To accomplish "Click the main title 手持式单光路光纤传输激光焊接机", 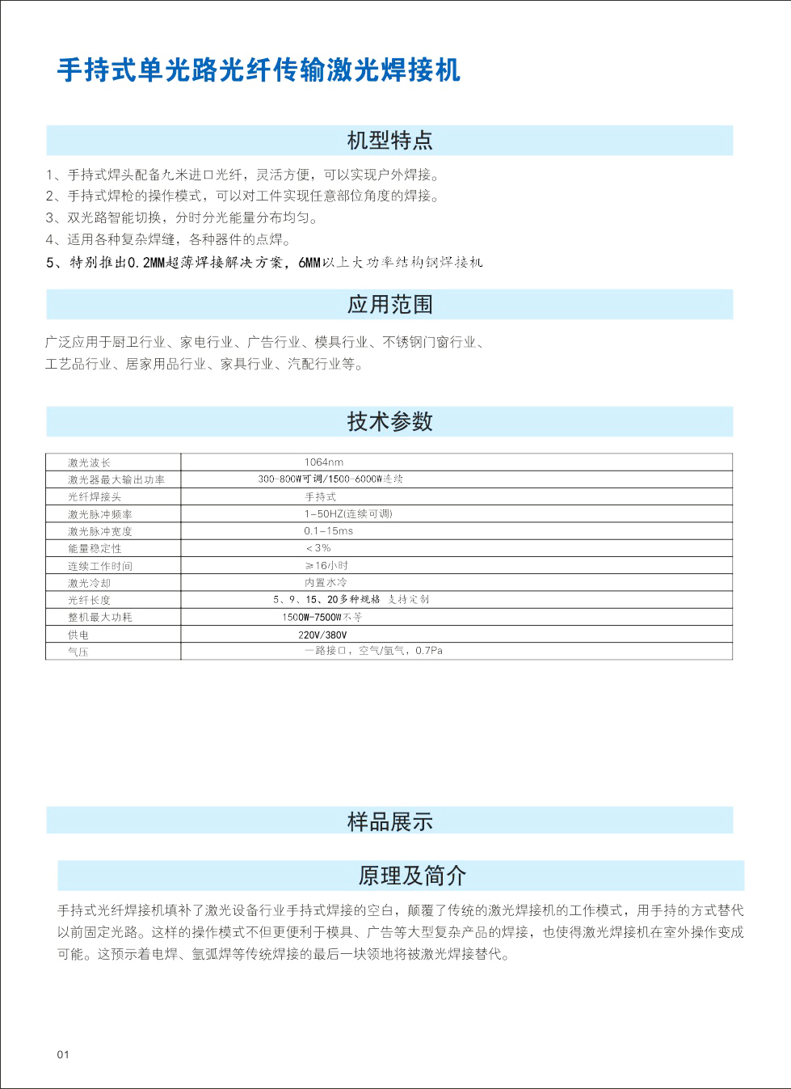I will [x=259, y=70].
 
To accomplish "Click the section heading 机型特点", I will [x=389, y=141].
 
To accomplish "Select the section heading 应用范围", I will [x=389, y=305].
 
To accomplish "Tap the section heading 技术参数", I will [x=389, y=421].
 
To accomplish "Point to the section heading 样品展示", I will [x=389, y=821].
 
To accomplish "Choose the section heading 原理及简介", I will [x=412, y=876].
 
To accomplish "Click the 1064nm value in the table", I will [x=323, y=462].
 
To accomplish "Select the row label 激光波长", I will [x=89, y=463].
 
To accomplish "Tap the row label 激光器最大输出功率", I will [x=116, y=480].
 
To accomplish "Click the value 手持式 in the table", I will [x=320, y=497].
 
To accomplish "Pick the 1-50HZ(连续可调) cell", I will [x=348, y=514].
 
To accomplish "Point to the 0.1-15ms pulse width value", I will [x=328, y=531].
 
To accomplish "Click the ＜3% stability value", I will [x=318, y=548].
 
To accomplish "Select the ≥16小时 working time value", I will [x=326, y=566].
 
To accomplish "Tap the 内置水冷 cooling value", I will [x=326, y=583].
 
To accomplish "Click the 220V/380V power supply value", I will [x=322, y=635].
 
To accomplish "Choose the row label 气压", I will [x=78, y=652].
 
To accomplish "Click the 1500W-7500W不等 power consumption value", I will [x=322, y=617].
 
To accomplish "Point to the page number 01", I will [x=64, y=1054].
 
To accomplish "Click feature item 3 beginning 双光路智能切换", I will [x=182, y=218].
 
